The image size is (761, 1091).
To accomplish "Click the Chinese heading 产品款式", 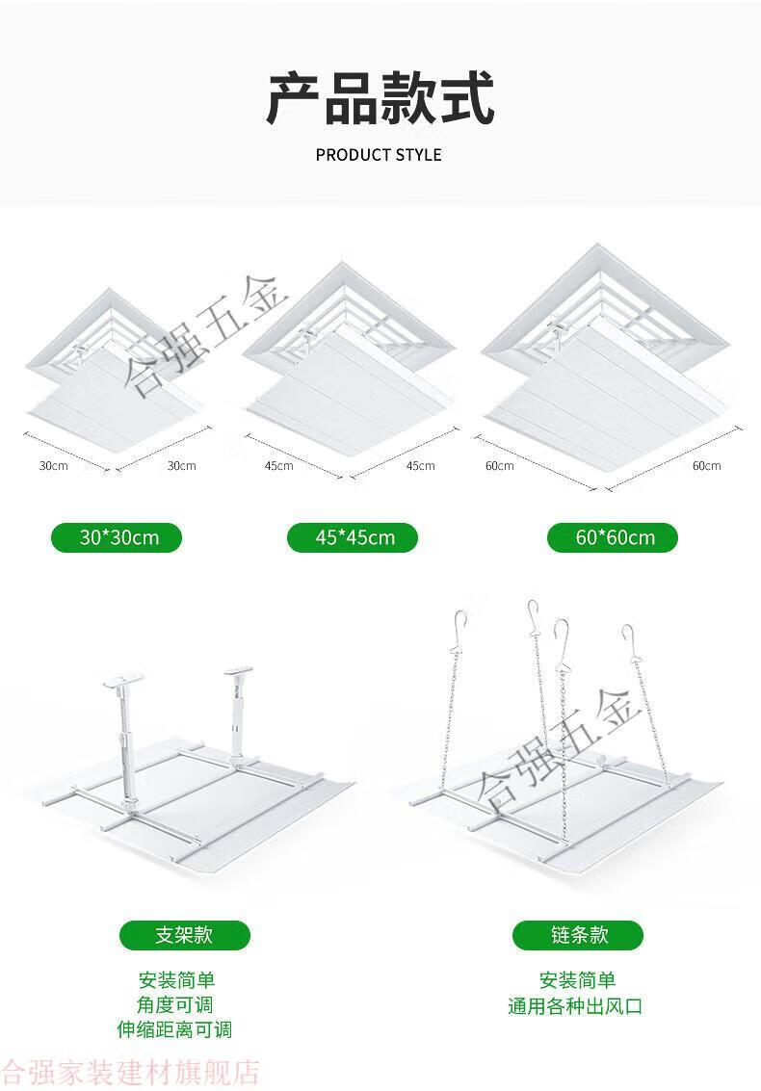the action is pyautogui.click(x=380, y=99).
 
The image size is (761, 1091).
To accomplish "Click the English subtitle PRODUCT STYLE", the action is pyautogui.click(x=379, y=154).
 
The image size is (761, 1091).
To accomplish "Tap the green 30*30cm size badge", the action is pyautogui.click(x=117, y=537).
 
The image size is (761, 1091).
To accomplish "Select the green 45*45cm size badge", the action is pyautogui.click(x=353, y=537).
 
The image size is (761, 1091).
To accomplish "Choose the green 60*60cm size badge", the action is pyautogui.click(x=612, y=537).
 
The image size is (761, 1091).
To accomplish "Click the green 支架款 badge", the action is pyautogui.click(x=185, y=934).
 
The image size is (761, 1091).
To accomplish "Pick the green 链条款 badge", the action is pyautogui.click(x=578, y=934).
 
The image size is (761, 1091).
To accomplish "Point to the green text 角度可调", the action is pyautogui.click(x=174, y=1004).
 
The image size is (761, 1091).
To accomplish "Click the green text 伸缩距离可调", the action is pyautogui.click(x=174, y=1029).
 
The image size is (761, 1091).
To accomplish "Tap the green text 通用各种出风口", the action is pyautogui.click(x=575, y=1006).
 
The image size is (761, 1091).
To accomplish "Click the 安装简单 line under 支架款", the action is pyautogui.click(x=176, y=980).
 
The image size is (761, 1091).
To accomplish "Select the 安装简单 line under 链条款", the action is pyautogui.click(x=578, y=980).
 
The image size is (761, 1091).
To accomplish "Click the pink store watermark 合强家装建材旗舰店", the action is pyautogui.click(x=130, y=1073).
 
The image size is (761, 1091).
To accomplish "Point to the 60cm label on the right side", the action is pyautogui.click(x=707, y=465).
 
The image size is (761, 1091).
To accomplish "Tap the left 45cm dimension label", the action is pyautogui.click(x=278, y=465).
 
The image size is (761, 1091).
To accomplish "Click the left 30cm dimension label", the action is pyautogui.click(x=53, y=465).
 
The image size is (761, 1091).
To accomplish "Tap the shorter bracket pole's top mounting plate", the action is pyautogui.click(x=238, y=671).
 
